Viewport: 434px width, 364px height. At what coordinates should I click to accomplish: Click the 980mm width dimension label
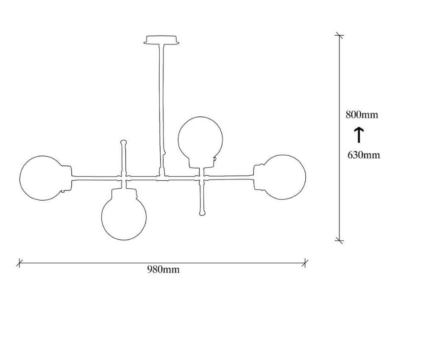pos(163,269)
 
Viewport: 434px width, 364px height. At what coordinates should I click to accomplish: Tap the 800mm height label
pos(362,114)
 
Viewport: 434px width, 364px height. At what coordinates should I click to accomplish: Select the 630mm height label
pos(364,155)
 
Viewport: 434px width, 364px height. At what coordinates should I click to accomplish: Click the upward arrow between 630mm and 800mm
pos(359,135)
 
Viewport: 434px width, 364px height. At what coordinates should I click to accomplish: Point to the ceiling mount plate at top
pos(161,40)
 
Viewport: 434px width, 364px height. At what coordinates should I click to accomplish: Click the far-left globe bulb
pos(20,178)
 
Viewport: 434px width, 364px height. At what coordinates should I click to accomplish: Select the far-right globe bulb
pos(305,177)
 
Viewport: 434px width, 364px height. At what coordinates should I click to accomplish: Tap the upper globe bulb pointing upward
pos(200,117)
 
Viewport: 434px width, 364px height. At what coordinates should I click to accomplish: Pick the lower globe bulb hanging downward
pos(124,239)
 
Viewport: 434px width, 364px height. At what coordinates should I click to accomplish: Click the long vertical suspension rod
pos(161,109)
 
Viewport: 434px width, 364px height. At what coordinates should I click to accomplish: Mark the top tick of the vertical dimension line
pos(339,36)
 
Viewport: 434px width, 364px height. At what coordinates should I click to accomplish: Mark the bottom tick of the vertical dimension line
pos(339,240)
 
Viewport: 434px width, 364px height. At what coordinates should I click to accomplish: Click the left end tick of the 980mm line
pos(19,263)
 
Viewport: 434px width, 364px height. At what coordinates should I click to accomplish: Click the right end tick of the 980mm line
pos(305,263)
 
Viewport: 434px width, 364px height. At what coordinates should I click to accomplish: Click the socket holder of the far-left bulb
pos(67,178)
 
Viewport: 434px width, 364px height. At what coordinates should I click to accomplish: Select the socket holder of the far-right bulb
pos(259,177)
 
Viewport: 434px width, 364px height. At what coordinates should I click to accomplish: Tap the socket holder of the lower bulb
pos(124,193)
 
